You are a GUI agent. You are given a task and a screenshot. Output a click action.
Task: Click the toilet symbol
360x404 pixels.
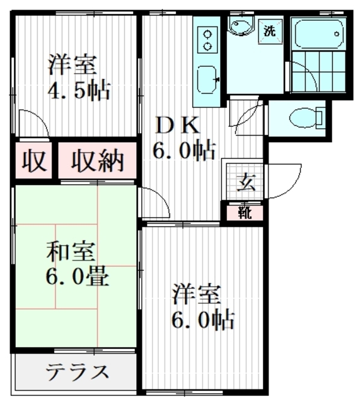305,117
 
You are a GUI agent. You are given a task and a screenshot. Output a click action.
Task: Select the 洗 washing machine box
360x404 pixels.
270,30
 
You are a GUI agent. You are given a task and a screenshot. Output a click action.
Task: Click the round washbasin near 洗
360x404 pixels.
240,27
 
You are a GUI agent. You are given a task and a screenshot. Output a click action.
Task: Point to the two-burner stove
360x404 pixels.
206,39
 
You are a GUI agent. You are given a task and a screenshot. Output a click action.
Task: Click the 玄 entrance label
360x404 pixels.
245,182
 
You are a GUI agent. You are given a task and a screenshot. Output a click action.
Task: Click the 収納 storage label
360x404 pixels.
98,162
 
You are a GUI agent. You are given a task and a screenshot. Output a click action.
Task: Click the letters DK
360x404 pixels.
177,126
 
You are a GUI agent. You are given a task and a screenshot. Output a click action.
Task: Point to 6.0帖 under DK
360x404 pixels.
183,151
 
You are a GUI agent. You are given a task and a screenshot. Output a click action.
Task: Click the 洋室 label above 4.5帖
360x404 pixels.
71,64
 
